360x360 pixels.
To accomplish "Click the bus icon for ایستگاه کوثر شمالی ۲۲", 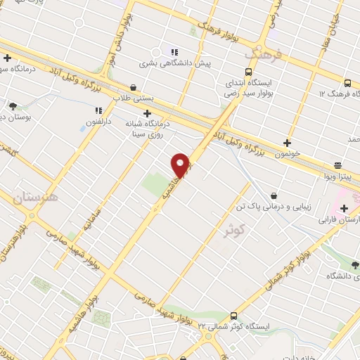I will [234, 316].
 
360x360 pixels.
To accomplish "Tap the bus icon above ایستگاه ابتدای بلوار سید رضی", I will [248, 72].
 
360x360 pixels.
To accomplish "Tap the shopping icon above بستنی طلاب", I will [134, 87].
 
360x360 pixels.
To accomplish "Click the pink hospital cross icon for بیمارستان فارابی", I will [345, 208].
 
